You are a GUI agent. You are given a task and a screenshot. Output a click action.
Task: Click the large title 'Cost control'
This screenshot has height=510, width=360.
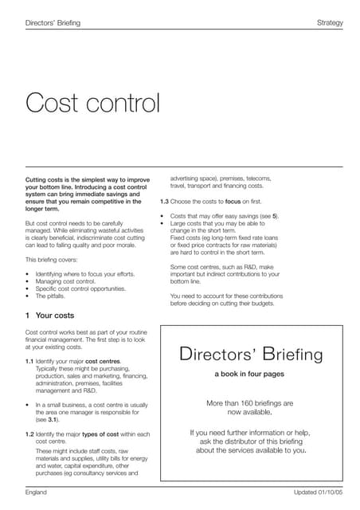[x=93, y=103]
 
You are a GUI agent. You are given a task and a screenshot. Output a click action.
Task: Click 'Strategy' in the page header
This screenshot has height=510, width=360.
[x=329, y=23]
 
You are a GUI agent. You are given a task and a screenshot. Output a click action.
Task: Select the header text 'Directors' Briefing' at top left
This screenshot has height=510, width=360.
[x=53, y=23]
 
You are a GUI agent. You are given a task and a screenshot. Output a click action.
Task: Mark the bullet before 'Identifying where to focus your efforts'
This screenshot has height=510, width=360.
[x=28, y=274]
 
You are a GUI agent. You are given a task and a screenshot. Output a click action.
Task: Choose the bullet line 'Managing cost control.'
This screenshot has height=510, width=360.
[x=71, y=281]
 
